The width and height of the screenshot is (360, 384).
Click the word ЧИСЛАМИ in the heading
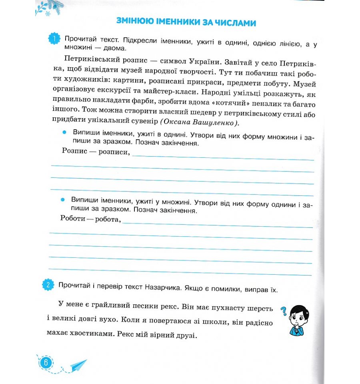click(234, 23)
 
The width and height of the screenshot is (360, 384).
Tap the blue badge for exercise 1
click(54, 39)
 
